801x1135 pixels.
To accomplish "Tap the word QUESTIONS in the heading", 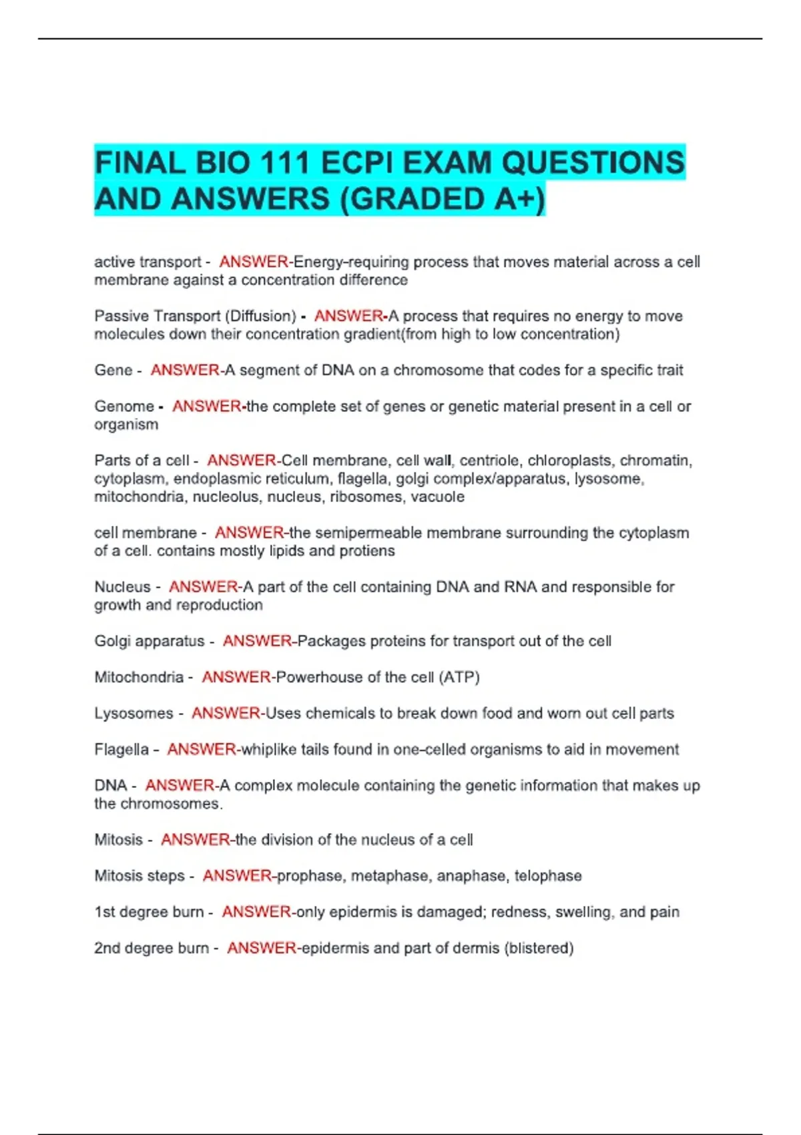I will coord(593,163).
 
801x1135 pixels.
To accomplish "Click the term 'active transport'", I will coord(148,262).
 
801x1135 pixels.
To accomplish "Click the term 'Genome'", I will coord(124,406).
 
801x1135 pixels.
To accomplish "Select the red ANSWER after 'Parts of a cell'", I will coord(242,460).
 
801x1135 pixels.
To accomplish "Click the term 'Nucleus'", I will coord(122,587).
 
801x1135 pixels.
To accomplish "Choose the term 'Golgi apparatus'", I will coord(150,641).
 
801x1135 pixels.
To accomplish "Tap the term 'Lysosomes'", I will coord(133,713).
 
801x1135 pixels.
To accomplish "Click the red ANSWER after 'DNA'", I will coord(180,785).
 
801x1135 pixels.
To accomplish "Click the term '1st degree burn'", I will coord(149,911).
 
